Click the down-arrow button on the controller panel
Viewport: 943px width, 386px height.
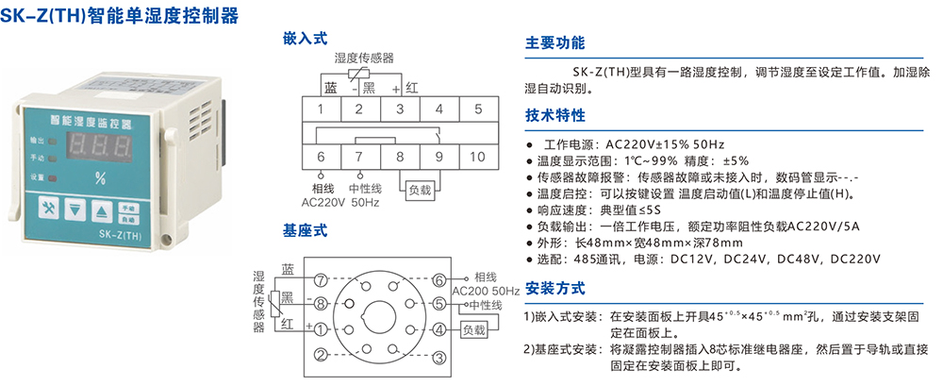[x=77, y=209]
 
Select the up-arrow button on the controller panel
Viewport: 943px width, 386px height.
[x=103, y=209]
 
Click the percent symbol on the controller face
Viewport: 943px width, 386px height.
[x=101, y=177]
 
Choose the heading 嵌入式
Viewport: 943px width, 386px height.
[x=305, y=39]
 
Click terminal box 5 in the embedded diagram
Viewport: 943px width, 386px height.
[x=478, y=109]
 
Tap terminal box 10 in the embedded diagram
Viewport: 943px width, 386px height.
[x=478, y=156]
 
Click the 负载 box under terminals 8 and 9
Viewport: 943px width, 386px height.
[x=419, y=189]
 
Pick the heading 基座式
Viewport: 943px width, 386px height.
[x=305, y=229]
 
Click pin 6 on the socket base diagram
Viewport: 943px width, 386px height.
[x=438, y=280]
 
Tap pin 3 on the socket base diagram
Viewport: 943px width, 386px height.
[x=438, y=356]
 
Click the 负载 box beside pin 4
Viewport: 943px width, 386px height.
[x=473, y=330]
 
